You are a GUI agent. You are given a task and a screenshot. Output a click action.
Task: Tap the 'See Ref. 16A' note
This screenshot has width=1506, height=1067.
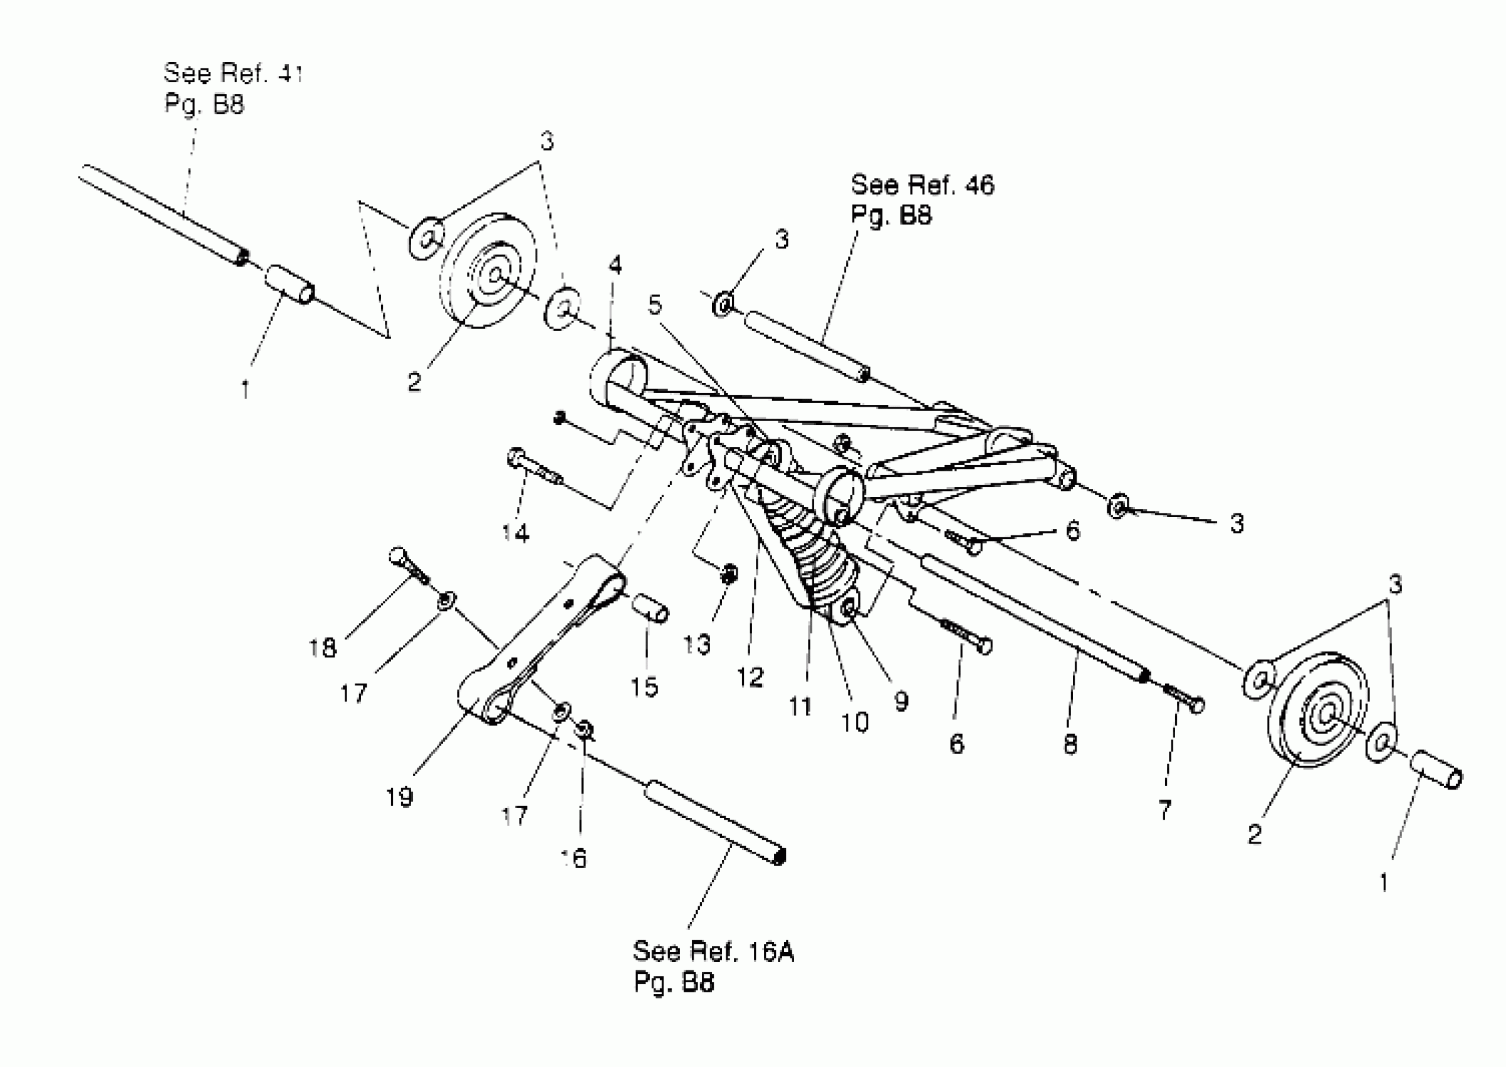[713, 952]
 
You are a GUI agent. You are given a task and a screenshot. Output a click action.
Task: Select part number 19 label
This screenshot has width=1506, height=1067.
[399, 798]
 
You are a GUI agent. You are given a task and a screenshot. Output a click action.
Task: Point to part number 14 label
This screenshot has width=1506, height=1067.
[516, 533]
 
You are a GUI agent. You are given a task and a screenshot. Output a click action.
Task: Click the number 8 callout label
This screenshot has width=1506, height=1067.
[1070, 744]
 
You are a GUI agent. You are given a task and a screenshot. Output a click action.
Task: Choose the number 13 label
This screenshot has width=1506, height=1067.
[696, 645]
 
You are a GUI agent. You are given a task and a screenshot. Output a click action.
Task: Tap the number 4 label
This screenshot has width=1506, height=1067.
[615, 265]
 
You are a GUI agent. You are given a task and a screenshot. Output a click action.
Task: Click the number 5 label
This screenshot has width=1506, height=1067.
[655, 305]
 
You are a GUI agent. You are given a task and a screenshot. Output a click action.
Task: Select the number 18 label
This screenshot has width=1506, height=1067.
[322, 648]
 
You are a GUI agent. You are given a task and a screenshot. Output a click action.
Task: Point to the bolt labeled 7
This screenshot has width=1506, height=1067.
[1183, 699]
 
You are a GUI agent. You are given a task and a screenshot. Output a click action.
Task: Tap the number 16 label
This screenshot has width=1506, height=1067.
[574, 858]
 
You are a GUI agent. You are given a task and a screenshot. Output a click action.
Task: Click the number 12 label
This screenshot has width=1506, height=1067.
[750, 677]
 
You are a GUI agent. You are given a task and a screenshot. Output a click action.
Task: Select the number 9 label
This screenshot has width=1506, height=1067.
[901, 701]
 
